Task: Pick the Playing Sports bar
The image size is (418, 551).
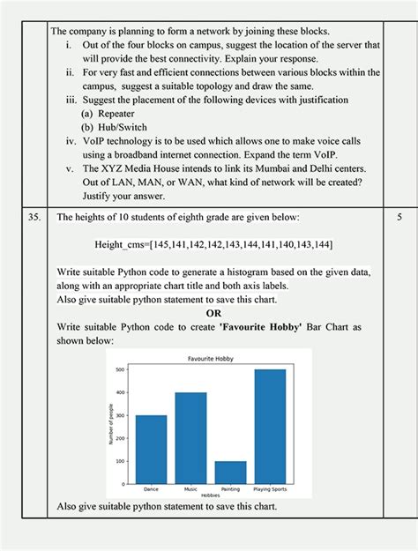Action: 270,424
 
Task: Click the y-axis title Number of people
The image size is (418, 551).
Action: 111,423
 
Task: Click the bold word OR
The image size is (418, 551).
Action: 213,312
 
